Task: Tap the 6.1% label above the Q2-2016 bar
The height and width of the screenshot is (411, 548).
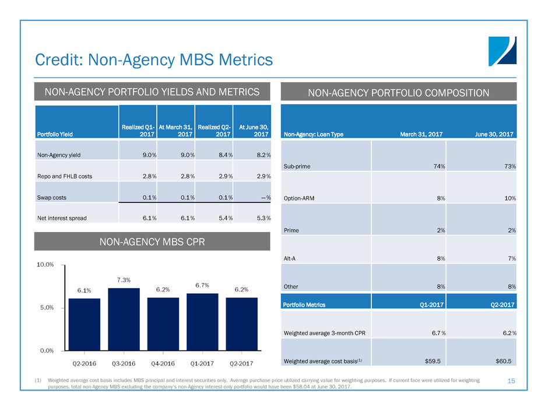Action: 84,290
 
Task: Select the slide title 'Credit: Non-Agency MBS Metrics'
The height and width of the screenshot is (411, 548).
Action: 153,59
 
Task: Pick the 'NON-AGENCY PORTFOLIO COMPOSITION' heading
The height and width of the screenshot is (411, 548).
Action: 399,92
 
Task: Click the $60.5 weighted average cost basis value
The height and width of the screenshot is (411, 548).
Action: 502,361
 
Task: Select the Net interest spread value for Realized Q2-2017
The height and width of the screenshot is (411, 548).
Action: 223,218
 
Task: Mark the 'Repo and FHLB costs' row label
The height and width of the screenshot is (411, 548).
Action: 64,176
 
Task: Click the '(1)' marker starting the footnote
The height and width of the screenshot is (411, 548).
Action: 39,380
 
